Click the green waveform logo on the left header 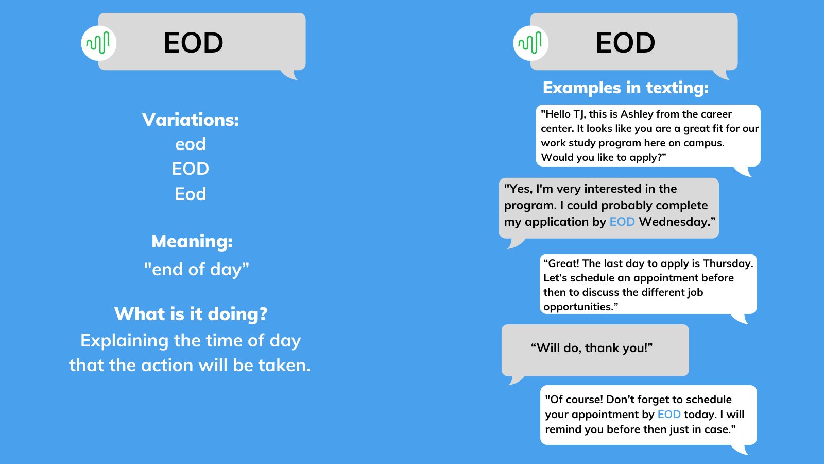98,43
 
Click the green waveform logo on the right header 530,43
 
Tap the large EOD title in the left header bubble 193,43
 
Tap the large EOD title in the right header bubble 625,43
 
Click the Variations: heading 191,120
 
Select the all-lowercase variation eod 191,144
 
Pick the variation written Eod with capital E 191,194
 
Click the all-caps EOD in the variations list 191,169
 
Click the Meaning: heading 192,241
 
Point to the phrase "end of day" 196,269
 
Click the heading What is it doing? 191,314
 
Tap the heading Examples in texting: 626,88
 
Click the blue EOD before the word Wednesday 622,222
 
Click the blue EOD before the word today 669,415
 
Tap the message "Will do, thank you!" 592,348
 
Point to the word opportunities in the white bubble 578,307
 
